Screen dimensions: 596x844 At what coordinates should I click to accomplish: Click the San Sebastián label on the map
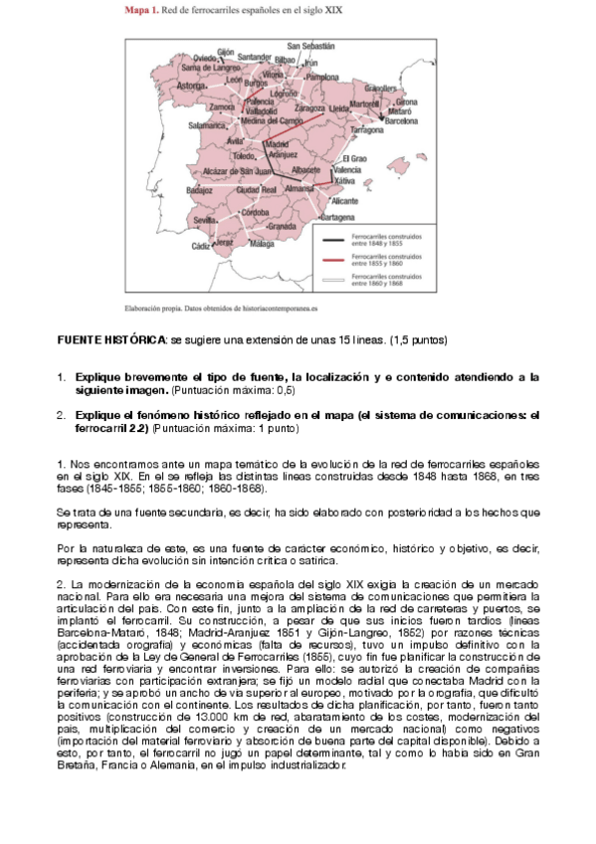(x=310, y=46)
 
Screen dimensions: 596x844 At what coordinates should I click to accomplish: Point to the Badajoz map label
(x=199, y=189)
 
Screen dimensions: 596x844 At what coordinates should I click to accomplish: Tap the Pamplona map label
(x=323, y=77)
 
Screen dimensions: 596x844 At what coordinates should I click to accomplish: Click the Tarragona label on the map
(x=367, y=130)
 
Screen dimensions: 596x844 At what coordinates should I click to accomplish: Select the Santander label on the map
(x=255, y=58)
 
